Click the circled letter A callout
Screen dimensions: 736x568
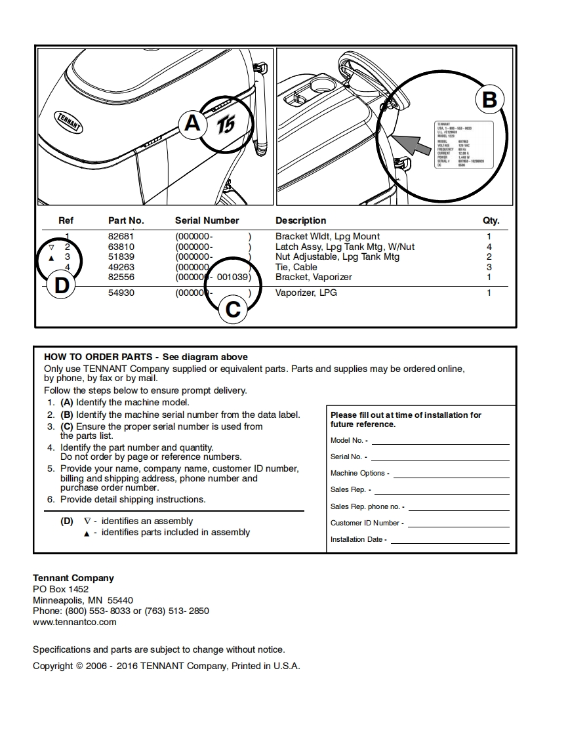click(x=192, y=123)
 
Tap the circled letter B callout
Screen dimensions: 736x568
click(x=489, y=100)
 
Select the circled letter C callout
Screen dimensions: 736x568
click(x=233, y=309)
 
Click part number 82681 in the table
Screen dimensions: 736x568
click(x=121, y=236)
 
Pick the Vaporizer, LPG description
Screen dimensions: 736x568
click(x=306, y=293)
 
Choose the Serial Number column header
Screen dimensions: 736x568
click(x=207, y=220)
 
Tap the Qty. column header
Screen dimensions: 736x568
click(x=491, y=220)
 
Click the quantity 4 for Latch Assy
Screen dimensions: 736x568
click(x=489, y=247)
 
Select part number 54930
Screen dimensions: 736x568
click(x=121, y=293)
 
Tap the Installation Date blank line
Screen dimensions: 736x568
click(x=449, y=540)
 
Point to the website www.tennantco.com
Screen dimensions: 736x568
click(x=75, y=622)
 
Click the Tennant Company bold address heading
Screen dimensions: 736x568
click(x=73, y=578)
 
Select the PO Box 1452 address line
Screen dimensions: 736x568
click(x=60, y=589)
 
